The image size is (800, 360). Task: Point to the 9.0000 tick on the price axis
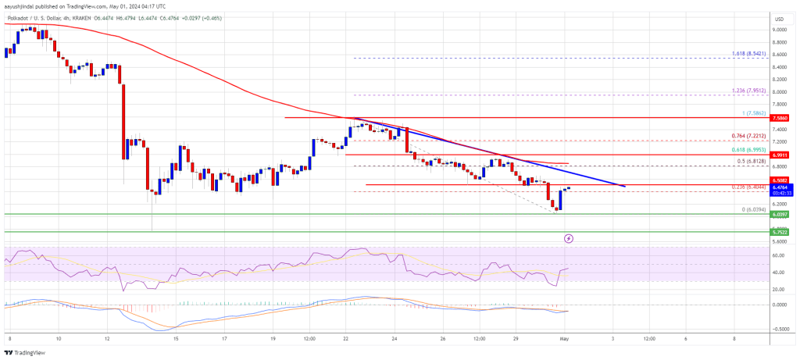coord(778,30)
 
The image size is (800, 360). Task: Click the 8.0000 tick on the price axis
coord(778,92)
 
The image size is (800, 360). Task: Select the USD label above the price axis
coord(778,18)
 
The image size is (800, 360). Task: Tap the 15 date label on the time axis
coord(177,338)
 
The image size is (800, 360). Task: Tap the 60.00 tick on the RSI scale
coord(778,255)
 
